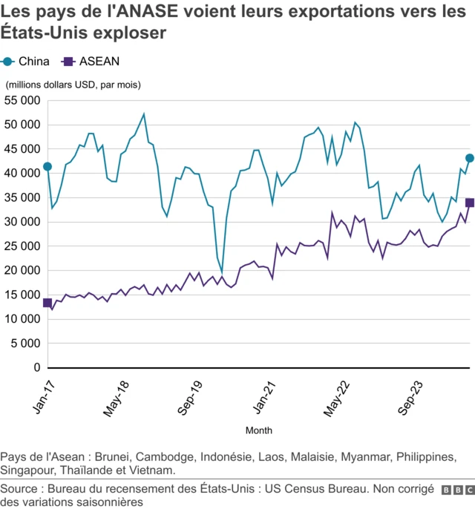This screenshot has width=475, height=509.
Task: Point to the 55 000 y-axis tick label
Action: pyautogui.click(x=23, y=100)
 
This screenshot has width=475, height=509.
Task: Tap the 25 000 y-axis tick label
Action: pyautogui.click(x=23, y=246)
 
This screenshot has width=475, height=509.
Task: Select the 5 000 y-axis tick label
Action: pyautogui.click(x=26, y=343)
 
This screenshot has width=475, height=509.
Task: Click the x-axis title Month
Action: pyautogui.click(x=258, y=430)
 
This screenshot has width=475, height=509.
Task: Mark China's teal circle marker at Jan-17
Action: pyautogui.click(x=47, y=167)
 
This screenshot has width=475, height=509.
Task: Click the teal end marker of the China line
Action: pyautogui.click(x=470, y=158)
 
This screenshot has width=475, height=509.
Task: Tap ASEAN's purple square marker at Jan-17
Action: pyautogui.click(x=47, y=303)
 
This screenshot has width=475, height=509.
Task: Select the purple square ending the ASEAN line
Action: pyautogui.click(x=470, y=203)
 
